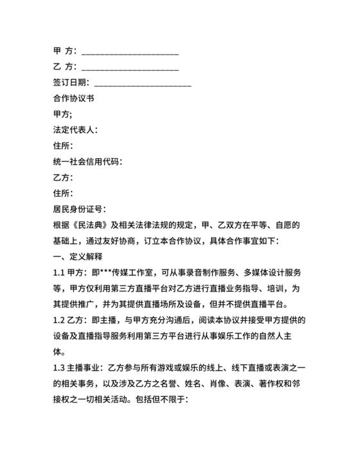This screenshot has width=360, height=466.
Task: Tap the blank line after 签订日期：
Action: pyautogui.click(x=143, y=83)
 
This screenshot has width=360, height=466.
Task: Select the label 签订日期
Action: pyautogui.click(x=71, y=83)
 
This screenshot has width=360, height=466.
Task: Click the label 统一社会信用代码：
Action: pyautogui.click(x=87, y=161)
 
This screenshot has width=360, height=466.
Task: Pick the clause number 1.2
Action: pyautogui.click(x=60, y=319)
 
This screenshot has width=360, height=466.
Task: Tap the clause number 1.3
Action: pyautogui.click(x=60, y=366)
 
